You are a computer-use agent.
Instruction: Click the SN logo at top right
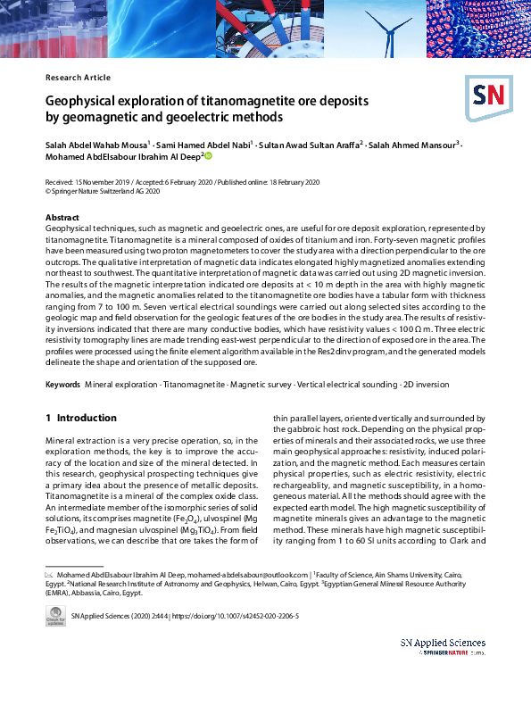tap(485, 95)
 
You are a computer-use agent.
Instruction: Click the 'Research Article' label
tap(78, 78)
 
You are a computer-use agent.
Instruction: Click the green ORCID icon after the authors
tap(209, 156)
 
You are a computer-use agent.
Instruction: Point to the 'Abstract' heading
tap(62, 217)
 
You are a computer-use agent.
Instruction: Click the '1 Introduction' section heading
tap(81, 418)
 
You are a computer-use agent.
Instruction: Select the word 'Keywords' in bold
tap(62, 384)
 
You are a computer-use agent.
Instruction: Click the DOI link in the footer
tap(241, 616)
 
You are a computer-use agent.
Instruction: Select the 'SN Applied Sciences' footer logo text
tap(443, 643)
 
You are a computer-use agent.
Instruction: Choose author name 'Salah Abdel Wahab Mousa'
tap(96, 144)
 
